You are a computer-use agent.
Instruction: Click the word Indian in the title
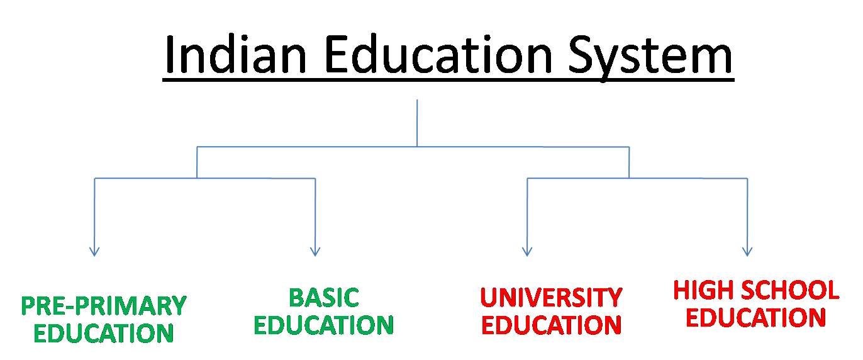pyautogui.click(x=235, y=55)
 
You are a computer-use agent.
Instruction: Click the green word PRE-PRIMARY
pyautogui.click(x=104, y=306)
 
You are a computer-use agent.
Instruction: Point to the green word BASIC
pyautogui.click(x=324, y=298)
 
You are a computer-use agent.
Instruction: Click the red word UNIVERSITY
pyautogui.click(x=551, y=297)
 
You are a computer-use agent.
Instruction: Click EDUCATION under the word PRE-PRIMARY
pyautogui.click(x=104, y=333)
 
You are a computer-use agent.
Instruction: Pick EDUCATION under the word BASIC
pyautogui.click(x=324, y=325)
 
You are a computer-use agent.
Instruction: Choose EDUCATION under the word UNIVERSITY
pyautogui.click(x=551, y=325)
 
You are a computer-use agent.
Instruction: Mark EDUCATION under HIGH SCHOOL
pyautogui.click(x=755, y=318)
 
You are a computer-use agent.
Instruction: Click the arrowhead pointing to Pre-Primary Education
pyautogui.click(x=94, y=252)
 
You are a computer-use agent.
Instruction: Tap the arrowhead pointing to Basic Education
pyautogui.click(x=315, y=252)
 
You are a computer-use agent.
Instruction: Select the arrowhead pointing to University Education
pyautogui.click(x=527, y=252)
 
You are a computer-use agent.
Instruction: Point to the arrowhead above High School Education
pyautogui.click(x=747, y=252)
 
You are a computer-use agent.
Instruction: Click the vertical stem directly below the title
pyautogui.click(x=417, y=123)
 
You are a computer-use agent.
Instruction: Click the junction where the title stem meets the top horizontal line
pyautogui.click(x=417, y=147)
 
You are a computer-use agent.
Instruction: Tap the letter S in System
pyautogui.click(x=582, y=55)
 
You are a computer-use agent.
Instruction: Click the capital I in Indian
pyautogui.click(x=169, y=55)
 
